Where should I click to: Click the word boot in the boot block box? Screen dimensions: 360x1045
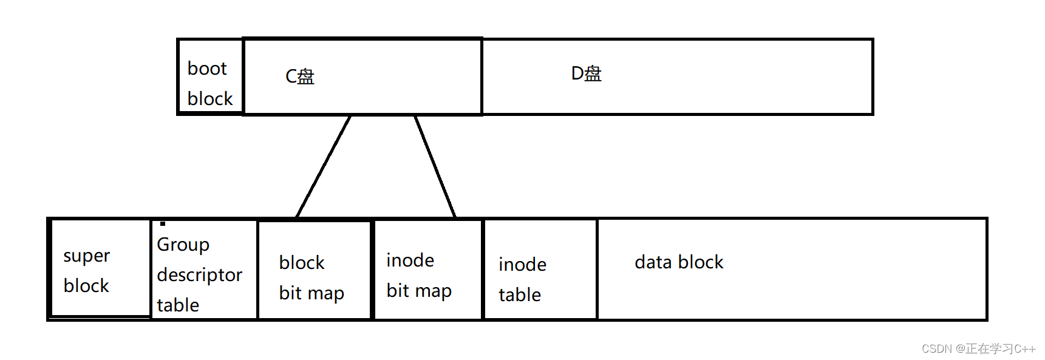[x=207, y=69]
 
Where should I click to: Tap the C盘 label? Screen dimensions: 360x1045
[x=300, y=76]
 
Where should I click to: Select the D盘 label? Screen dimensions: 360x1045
[x=586, y=73]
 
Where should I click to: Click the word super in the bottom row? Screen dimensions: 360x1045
[x=86, y=256]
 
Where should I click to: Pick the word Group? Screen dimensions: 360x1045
[x=183, y=245]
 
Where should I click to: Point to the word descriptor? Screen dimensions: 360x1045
[x=199, y=275]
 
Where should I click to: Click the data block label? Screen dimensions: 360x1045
[x=679, y=262]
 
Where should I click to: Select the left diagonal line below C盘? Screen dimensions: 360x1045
[x=323, y=166]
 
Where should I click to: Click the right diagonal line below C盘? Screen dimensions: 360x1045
[x=435, y=166]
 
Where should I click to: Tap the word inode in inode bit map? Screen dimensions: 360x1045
[x=410, y=260]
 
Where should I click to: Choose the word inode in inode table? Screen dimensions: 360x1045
[x=522, y=265]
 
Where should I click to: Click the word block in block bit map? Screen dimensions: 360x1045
[x=302, y=263]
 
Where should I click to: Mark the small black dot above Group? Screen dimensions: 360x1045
[x=163, y=223]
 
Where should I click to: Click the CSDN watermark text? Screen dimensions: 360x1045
[x=978, y=349]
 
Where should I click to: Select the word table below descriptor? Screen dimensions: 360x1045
[x=178, y=305]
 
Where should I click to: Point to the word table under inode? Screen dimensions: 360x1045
[x=520, y=295]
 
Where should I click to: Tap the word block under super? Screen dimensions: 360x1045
[x=86, y=286]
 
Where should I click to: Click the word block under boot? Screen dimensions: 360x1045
[x=210, y=99]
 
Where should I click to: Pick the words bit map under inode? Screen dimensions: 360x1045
[x=419, y=291]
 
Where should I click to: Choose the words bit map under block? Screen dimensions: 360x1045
[x=311, y=293]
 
